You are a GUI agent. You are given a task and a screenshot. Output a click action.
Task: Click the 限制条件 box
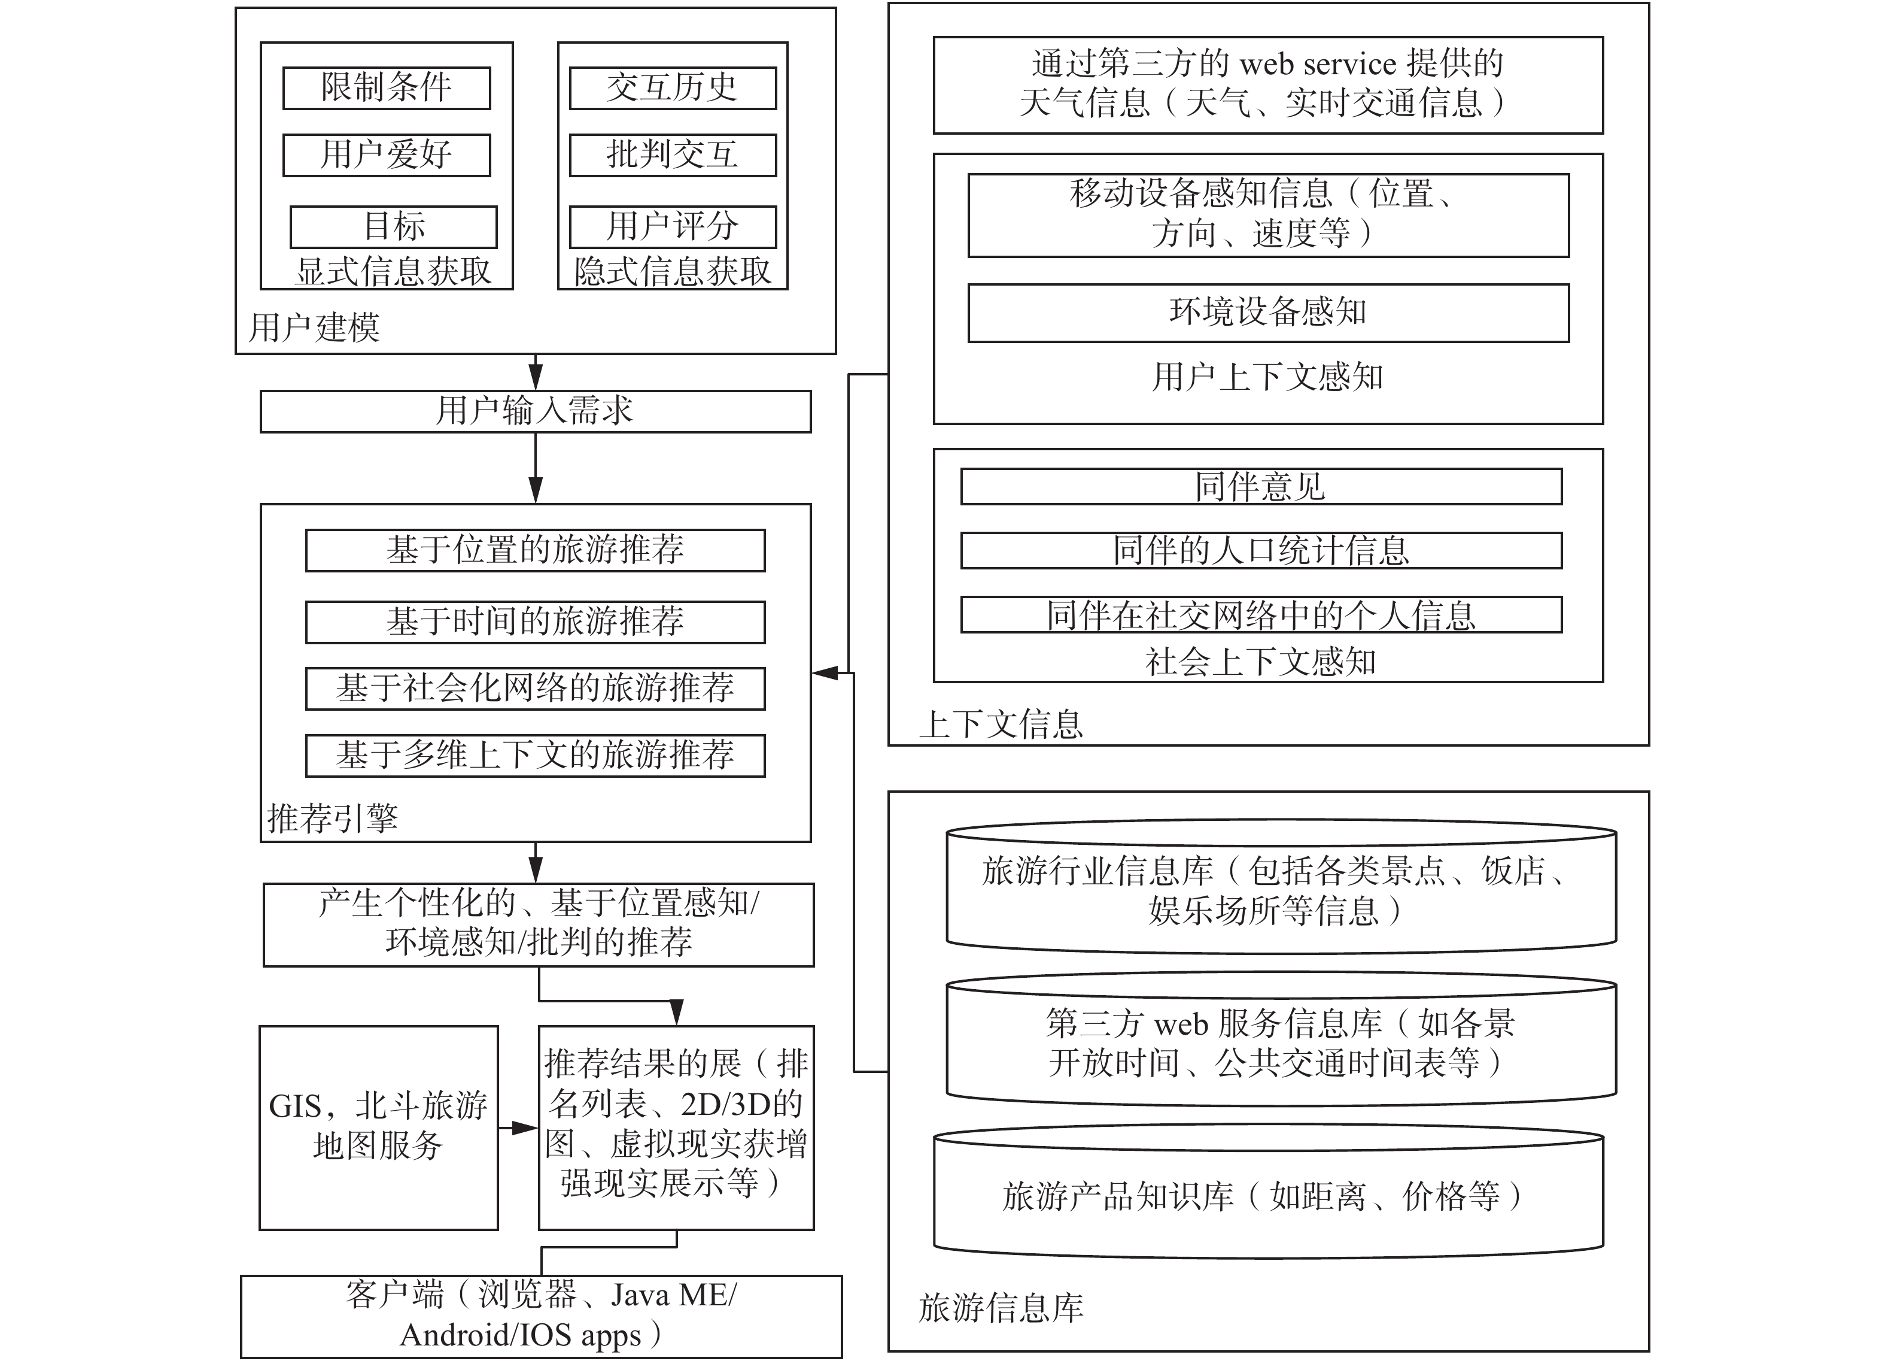[x=387, y=88]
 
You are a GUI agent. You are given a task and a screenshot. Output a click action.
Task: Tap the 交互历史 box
[x=673, y=88]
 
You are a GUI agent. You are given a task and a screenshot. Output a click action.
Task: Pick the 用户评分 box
[x=673, y=227]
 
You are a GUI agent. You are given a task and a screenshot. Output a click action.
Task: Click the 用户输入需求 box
[x=535, y=411]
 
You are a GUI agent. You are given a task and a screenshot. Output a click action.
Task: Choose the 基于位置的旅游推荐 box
[x=535, y=550]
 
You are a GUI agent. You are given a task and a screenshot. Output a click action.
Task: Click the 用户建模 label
[x=314, y=328]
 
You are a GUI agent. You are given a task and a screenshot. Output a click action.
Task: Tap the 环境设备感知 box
[x=1268, y=313]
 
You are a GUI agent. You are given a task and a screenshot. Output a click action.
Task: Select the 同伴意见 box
[x=1261, y=486]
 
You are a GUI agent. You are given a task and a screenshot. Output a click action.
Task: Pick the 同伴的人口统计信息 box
[x=1261, y=550]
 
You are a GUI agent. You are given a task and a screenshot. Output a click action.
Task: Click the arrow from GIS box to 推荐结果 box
[x=518, y=1128]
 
